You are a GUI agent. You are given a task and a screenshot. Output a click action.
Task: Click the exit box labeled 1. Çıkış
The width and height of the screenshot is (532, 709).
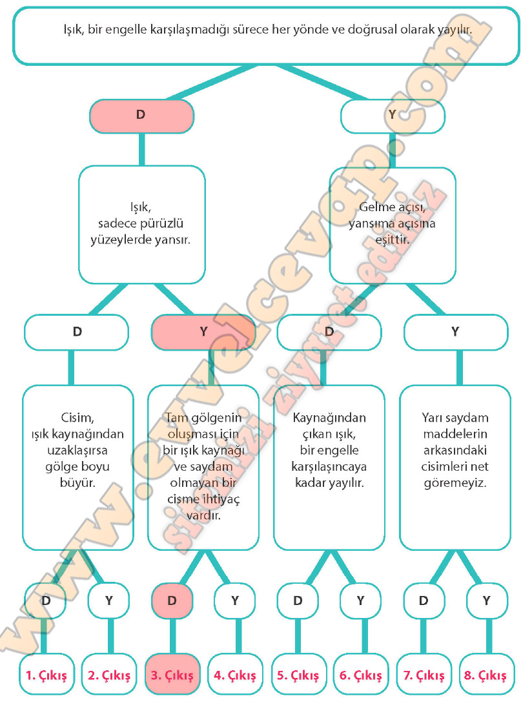click(x=46, y=675)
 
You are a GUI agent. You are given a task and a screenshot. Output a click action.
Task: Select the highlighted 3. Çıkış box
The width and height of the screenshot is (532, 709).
click(x=172, y=675)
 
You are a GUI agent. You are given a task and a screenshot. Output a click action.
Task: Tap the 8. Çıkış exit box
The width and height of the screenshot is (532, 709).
click(x=486, y=675)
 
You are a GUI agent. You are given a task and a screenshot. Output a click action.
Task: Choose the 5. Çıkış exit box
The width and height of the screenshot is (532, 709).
click(x=298, y=675)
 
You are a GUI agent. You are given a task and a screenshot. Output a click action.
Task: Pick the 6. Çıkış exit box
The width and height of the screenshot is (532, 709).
click(x=360, y=675)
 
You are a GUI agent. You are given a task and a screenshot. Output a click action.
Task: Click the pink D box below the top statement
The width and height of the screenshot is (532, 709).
click(x=141, y=116)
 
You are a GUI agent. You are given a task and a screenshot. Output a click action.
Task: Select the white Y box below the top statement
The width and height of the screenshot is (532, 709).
click(x=393, y=116)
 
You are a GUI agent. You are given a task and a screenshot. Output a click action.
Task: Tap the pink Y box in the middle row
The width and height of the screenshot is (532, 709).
click(x=203, y=332)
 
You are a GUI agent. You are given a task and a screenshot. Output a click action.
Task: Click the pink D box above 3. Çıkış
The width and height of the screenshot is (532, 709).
click(x=172, y=601)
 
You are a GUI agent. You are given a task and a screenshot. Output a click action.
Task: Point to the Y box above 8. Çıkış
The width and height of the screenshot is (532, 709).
click(x=486, y=601)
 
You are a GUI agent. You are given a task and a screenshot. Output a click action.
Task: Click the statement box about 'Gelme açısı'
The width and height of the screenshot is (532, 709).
click(x=393, y=224)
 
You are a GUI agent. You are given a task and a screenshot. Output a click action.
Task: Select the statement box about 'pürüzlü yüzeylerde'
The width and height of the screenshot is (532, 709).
click(x=142, y=224)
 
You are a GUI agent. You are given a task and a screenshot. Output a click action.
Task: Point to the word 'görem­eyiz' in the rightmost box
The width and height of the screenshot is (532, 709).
click(x=455, y=482)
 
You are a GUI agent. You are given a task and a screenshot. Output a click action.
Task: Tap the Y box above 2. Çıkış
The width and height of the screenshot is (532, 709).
click(x=109, y=601)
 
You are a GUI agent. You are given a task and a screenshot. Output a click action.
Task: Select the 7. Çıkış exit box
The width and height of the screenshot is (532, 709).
click(x=424, y=675)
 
